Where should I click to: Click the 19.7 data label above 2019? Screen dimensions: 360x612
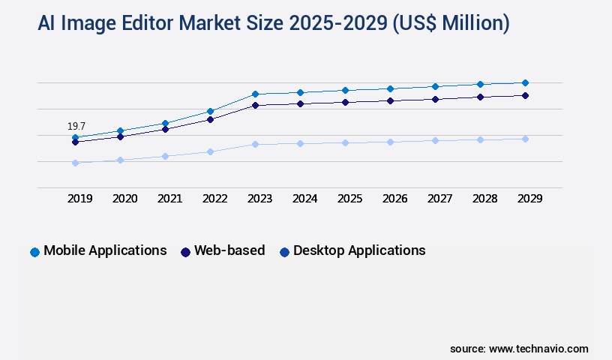(x=76, y=126)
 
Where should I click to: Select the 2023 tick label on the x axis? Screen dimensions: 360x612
(x=259, y=199)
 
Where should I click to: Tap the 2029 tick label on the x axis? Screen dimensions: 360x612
(x=529, y=199)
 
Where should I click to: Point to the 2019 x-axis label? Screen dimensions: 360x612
(x=79, y=199)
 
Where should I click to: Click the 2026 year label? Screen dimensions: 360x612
(x=394, y=199)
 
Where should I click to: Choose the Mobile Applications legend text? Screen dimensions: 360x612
(x=105, y=250)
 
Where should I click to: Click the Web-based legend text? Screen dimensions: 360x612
(x=229, y=250)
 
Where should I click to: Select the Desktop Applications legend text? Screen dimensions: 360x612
(x=359, y=250)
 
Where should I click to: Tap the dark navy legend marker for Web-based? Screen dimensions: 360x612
(x=185, y=252)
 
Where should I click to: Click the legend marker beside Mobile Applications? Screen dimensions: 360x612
(x=34, y=252)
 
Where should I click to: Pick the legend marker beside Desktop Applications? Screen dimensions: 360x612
(x=284, y=252)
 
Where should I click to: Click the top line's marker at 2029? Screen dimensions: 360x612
(x=525, y=82)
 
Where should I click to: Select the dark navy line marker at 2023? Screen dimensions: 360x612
(x=255, y=105)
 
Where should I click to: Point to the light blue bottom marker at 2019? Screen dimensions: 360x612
(x=75, y=163)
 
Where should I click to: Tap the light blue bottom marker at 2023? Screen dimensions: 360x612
(x=255, y=144)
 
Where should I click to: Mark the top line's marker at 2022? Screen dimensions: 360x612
(x=210, y=111)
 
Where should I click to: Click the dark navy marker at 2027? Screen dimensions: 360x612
(x=435, y=99)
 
